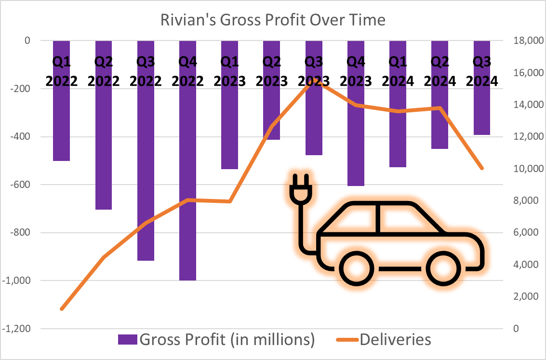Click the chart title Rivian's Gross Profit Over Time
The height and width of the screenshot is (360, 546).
(x=273, y=20)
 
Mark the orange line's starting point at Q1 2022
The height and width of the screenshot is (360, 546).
(x=62, y=308)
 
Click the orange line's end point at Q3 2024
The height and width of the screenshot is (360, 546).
(x=482, y=168)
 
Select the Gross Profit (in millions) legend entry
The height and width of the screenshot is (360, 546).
(x=217, y=340)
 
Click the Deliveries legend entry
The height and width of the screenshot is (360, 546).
(x=381, y=340)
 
